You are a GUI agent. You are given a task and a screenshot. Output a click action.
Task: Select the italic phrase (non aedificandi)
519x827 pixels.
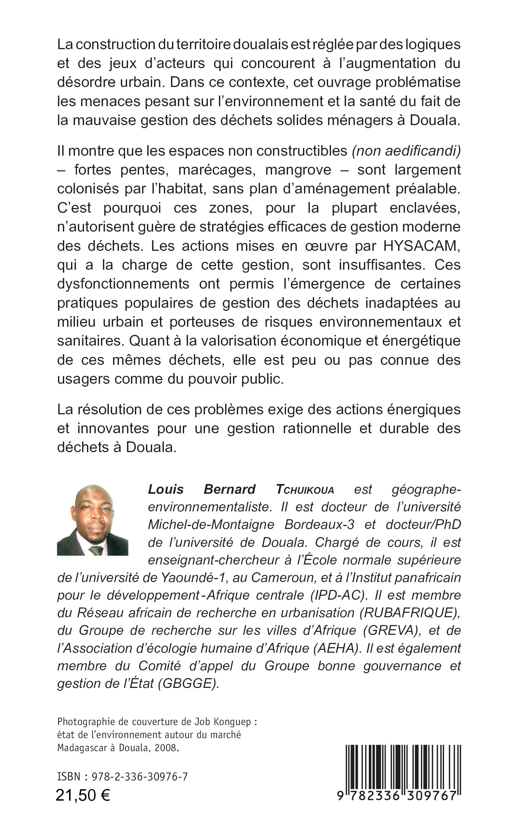(x=406, y=151)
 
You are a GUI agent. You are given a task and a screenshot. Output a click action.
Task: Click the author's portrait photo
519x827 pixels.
(x=92, y=520)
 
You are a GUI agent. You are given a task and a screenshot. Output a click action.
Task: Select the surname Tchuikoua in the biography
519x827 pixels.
(x=305, y=490)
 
